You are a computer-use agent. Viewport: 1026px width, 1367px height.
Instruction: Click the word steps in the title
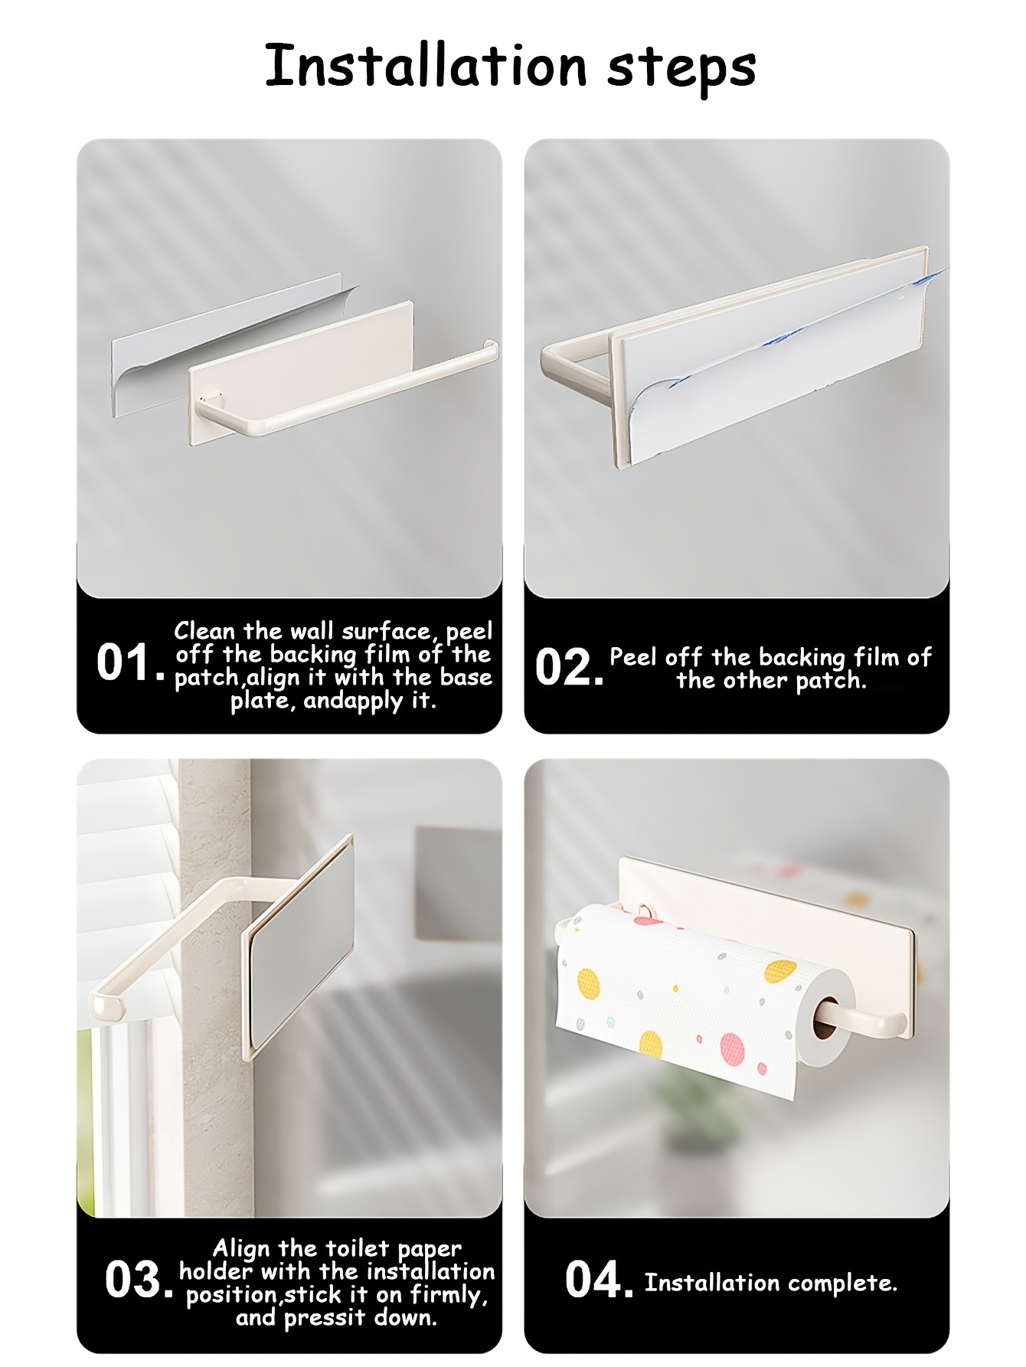(681, 69)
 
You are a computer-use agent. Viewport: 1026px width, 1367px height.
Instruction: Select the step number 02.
(569, 666)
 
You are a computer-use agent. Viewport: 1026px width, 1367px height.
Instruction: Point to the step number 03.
(138, 1280)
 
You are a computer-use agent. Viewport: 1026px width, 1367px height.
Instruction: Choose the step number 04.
(599, 1280)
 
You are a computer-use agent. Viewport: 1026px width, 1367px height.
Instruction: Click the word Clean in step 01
(204, 631)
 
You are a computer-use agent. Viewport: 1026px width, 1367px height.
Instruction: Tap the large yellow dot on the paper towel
(781, 971)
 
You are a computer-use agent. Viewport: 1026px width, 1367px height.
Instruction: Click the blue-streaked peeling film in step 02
(781, 360)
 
